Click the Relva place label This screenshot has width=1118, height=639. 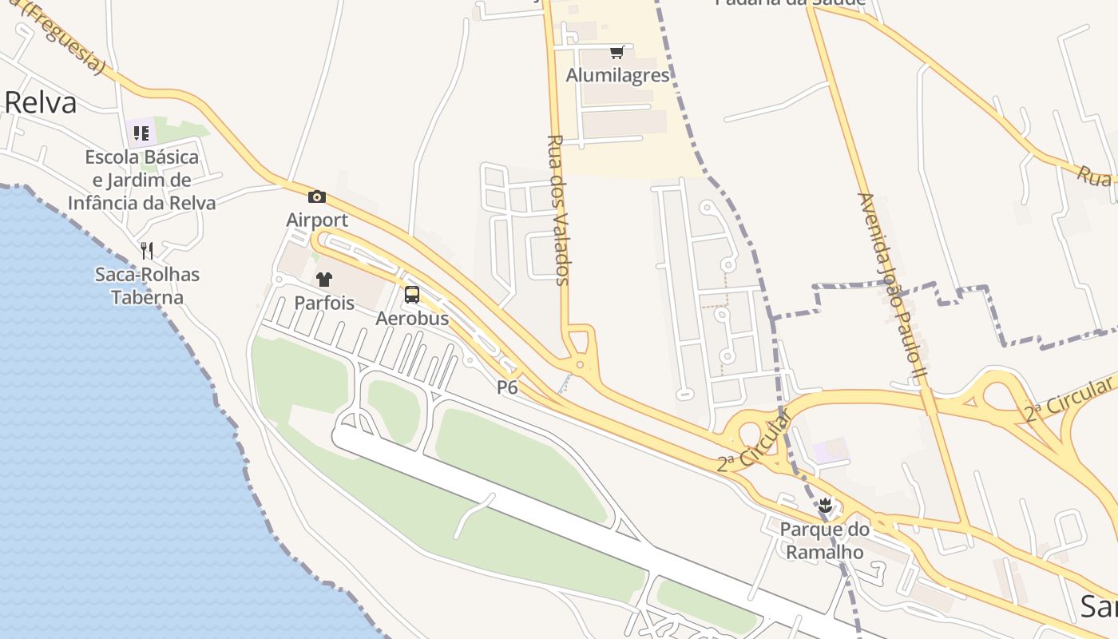(41, 103)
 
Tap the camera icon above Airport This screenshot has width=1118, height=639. (317, 196)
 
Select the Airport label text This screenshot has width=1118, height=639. (317, 220)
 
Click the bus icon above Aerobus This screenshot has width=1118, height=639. (412, 295)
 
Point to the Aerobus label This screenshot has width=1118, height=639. (412, 318)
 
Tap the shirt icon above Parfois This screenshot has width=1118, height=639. (324, 280)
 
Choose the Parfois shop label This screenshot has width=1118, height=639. (324, 303)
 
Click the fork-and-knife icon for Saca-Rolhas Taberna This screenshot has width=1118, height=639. (147, 251)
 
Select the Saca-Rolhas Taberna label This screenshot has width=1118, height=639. (147, 286)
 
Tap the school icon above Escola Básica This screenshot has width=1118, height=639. (141, 133)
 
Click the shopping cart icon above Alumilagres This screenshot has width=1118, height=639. (616, 53)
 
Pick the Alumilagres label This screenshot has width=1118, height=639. (617, 75)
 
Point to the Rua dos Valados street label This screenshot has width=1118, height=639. (557, 209)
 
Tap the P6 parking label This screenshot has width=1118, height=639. (507, 387)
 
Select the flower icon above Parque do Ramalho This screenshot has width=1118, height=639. (825, 506)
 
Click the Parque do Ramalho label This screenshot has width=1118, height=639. (825, 540)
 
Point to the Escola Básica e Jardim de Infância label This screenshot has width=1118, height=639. (141, 180)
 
